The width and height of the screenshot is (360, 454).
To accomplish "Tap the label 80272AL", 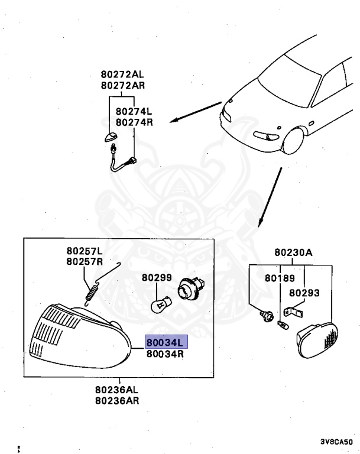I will coord(122,75).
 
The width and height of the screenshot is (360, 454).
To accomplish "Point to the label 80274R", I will coord(134,122).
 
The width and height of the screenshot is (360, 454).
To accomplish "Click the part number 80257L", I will coord(85,251).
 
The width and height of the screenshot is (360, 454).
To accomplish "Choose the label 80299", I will coord(156,277).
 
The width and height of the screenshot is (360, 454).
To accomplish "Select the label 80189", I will coord(277,277).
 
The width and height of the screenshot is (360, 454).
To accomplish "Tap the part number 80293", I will coord(304,292).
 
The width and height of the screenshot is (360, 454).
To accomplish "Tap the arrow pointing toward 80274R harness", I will coord(196,112).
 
